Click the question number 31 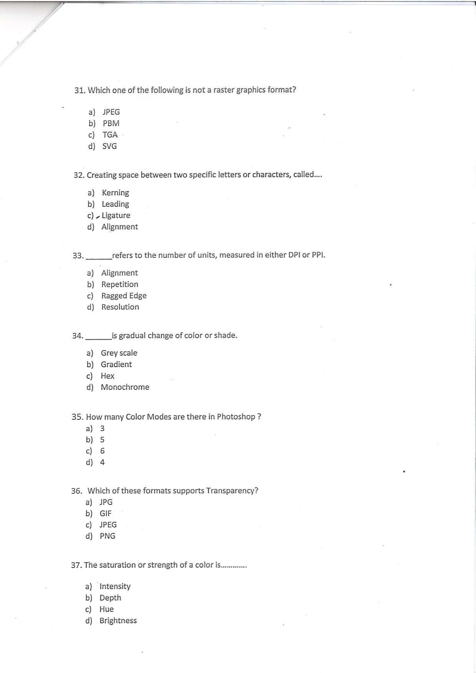pos(79,91)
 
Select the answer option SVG pos(109,146)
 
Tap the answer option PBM pos(111,124)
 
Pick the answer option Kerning pos(115,193)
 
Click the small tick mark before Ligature pos(98,216)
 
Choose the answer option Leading pos(115,204)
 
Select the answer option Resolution pos(120,307)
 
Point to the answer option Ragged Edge pos(124,296)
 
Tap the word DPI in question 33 pos(294,255)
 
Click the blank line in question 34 pos(99,338)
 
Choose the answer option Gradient pos(116,365)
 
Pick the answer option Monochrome pos(125,387)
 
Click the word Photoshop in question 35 pos(236,417)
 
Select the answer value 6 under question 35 pos(102,451)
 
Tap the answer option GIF pos(105,513)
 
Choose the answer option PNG pos(107,536)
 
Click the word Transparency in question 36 pos(232,491)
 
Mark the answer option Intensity pos(115,586)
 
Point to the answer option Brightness pos(118,620)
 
